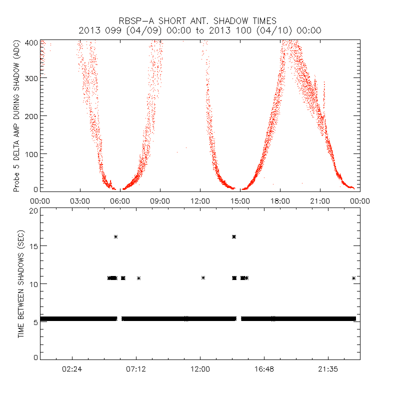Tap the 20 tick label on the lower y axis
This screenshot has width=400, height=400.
click(x=33, y=210)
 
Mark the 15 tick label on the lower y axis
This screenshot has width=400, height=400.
click(x=33, y=246)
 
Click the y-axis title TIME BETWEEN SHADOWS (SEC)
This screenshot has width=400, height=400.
click(x=21, y=284)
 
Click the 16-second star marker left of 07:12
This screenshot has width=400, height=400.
click(x=115, y=236)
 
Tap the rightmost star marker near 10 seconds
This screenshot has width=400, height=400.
click(x=354, y=278)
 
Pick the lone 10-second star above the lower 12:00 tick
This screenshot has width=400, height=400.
click(x=203, y=277)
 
